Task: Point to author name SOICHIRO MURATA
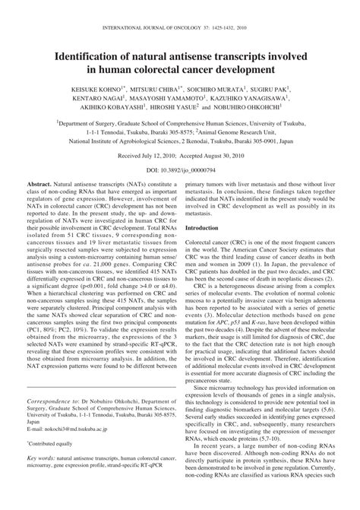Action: click(217, 88)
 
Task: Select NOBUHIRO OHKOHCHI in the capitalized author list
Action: click(253, 109)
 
